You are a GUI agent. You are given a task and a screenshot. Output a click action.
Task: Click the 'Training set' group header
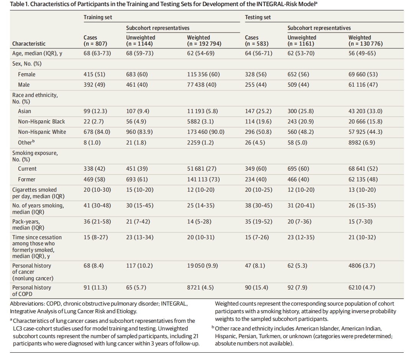coord(98,17)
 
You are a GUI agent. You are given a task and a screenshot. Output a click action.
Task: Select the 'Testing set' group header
coord(258,17)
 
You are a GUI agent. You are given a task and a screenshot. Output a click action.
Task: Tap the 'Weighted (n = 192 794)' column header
coord(204,41)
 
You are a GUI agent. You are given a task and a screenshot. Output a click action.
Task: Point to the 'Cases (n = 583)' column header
coord(256,41)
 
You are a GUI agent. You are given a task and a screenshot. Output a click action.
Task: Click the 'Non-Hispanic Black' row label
coord(41,122)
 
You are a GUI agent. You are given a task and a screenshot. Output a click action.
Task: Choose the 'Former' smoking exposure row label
coord(26,179)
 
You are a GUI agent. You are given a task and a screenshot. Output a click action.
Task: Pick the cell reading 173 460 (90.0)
coord(206,132)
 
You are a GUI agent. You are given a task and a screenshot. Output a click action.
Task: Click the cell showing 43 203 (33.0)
coord(365,111)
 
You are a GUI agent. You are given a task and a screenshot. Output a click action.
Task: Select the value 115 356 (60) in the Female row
coord(204,74)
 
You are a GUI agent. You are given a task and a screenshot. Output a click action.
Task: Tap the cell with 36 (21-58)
coord(97,222)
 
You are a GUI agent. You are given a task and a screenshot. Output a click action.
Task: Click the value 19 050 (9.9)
coord(202,266)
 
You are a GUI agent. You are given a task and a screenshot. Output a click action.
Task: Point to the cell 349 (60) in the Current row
coord(256,169)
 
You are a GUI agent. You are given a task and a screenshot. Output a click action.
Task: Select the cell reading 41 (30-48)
coord(97,205)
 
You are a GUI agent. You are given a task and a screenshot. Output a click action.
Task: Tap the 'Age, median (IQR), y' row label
coord(37,54)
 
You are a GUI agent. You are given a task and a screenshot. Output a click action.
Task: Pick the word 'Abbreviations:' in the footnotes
coord(27,304)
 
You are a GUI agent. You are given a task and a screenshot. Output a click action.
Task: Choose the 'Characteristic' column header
coord(29,44)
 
